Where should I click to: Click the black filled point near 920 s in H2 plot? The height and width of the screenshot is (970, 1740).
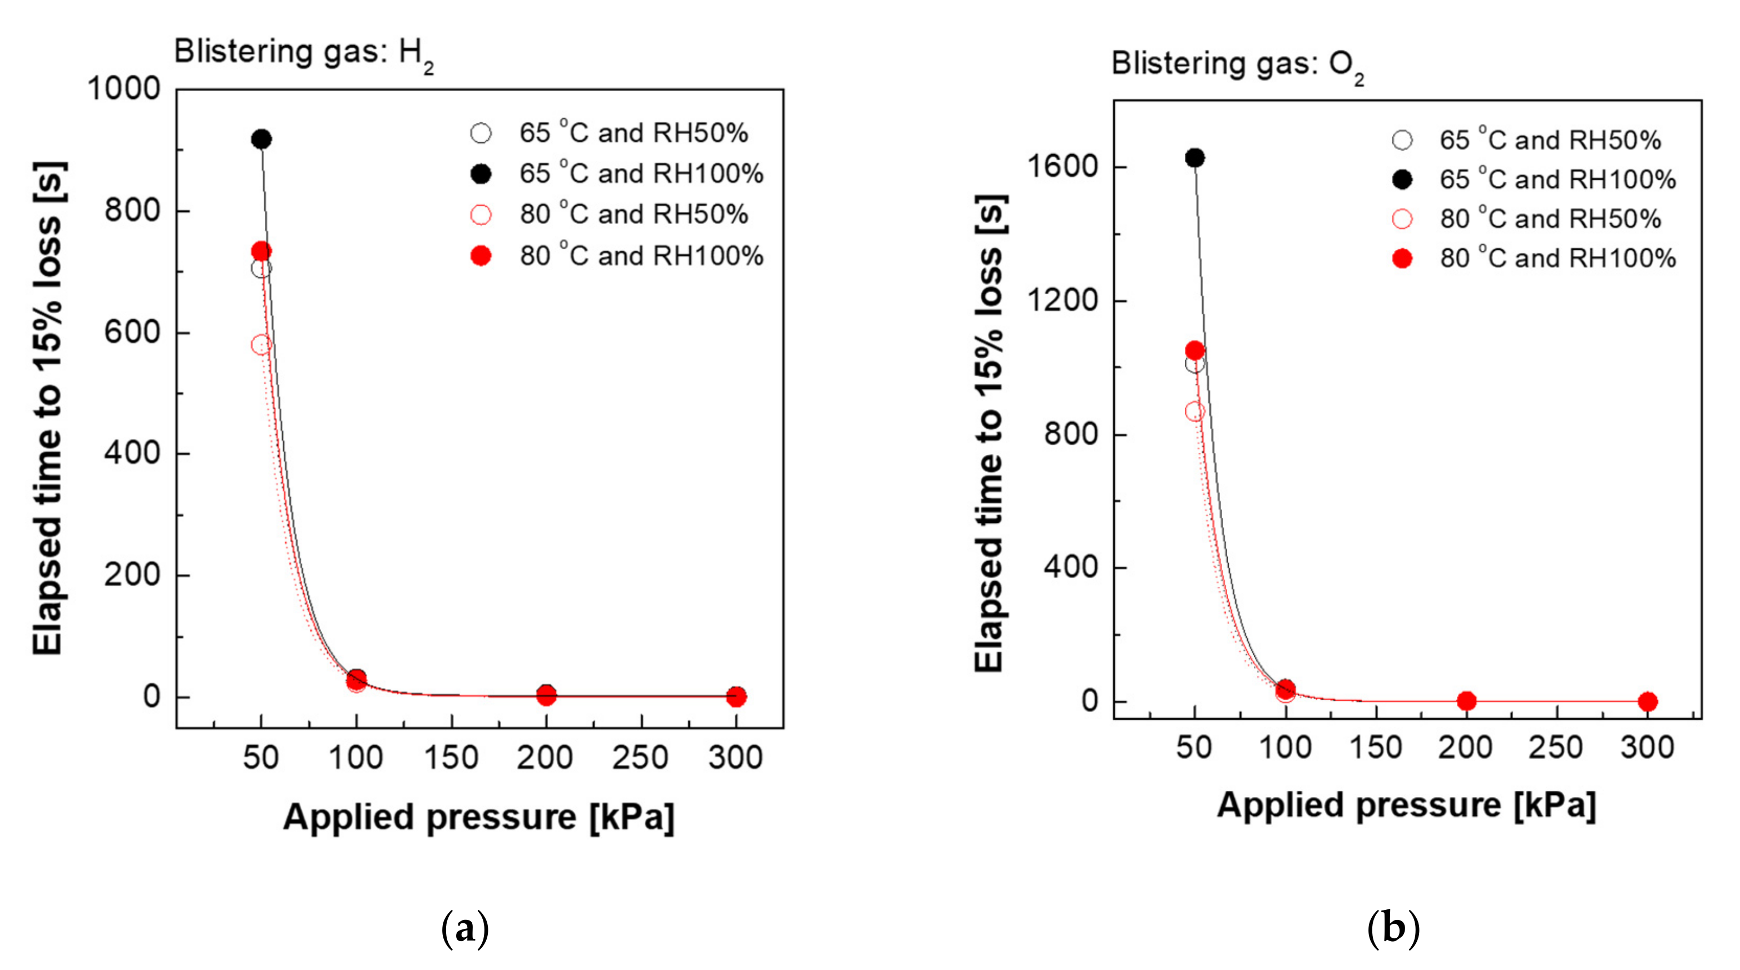coord(261,139)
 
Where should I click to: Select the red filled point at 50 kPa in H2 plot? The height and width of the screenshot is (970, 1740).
coord(261,251)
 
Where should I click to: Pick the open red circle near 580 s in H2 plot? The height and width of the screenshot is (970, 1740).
coord(261,344)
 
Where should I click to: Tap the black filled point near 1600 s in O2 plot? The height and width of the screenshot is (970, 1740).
coord(1194,158)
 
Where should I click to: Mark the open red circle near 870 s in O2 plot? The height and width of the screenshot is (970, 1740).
coord(1194,412)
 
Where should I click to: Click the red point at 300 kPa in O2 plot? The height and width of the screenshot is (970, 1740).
coord(1648,701)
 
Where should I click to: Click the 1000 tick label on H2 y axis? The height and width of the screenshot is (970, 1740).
coord(123,88)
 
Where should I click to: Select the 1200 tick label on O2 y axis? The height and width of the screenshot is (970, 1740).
coord(1062,300)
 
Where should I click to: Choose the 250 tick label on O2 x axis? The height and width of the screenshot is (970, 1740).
coord(1556,747)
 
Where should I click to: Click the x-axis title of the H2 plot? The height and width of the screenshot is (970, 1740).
coord(478,818)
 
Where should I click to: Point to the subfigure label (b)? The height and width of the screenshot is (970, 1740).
coord(1393,929)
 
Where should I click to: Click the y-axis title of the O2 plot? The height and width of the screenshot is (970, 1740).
coord(990,432)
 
